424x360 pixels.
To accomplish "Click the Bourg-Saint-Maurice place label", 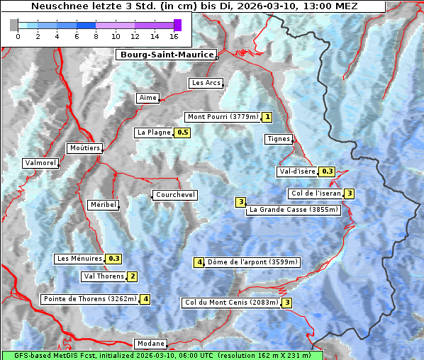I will [x=166, y=54].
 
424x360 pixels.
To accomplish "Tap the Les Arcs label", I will [x=206, y=83].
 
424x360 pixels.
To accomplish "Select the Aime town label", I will [x=148, y=98].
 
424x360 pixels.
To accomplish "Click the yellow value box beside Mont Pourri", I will [x=267, y=117].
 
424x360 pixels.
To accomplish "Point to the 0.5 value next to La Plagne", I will [x=183, y=133].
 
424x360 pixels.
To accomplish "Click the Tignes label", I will [x=279, y=139].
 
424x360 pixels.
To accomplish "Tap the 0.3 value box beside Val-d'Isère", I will [x=327, y=171].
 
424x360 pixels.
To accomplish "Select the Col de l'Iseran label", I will [x=316, y=193].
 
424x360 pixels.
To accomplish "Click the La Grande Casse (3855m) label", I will [x=294, y=210].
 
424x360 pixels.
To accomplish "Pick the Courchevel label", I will [x=174, y=195].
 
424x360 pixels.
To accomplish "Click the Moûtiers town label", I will [x=84, y=148].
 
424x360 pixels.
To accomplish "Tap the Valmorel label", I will [x=40, y=163].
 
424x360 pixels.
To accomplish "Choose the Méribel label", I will [x=103, y=205].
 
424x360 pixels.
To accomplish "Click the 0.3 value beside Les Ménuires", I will [x=114, y=259].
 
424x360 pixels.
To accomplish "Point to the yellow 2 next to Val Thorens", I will [x=132, y=276].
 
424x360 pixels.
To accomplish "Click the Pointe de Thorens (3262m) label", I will [x=89, y=299].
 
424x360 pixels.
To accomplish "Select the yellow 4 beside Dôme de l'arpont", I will [x=200, y=262].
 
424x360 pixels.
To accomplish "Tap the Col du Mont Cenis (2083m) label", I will [x=231, y=303].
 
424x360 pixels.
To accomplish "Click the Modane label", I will [x=150, y=344].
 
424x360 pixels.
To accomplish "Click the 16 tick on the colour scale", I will [x=174, y=36].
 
